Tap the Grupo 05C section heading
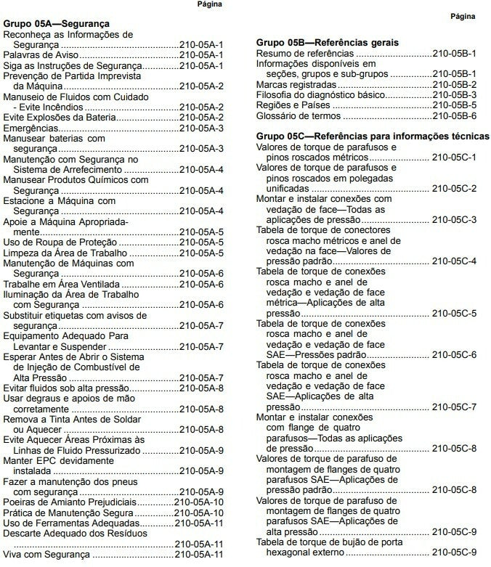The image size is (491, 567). [373, 136]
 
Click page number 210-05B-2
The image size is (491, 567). [454, 84]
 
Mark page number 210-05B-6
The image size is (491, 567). [454, 115]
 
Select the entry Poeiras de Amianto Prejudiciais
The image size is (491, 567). [70, 502]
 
